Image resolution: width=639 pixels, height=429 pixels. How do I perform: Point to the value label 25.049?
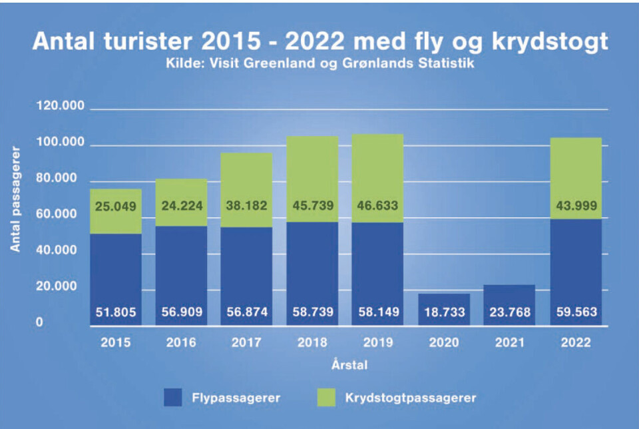click(x=116, y=206)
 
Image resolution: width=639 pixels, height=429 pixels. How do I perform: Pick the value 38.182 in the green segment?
click(x=247, y=206)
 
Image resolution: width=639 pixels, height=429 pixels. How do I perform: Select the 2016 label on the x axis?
click(x=181, y=343)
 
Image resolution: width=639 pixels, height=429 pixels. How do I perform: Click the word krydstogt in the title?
click(x=540, y=41)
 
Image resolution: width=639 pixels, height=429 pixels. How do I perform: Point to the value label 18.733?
click(x=443, y=312)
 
